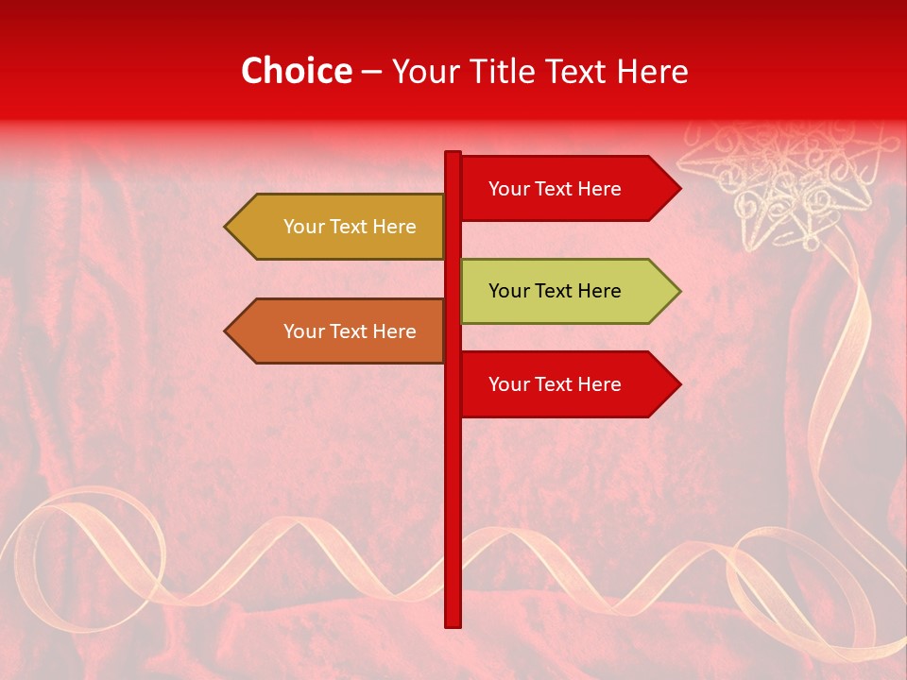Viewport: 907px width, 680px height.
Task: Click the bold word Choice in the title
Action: [x=296, y=71]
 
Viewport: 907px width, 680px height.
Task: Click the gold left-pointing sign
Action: [x=340, y=227]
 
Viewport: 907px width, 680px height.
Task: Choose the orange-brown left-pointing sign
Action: [x=340, y=331]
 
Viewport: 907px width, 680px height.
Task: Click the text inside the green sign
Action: [x=555, y=291]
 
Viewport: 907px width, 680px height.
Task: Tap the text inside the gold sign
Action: [x=350, y=227]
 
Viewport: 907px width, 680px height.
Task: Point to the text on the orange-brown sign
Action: [x=350, y=331]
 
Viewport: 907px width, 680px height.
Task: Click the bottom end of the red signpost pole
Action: [x=453, y=622]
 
